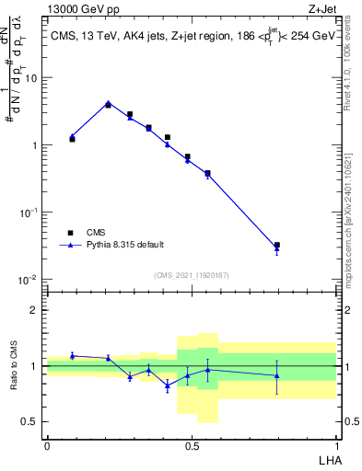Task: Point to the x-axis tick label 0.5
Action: click(x=192, y=445)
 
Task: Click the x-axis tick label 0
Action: click(x=47, y=445)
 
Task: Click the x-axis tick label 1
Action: click(x=336, y=445)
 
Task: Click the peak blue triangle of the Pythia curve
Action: click(x=108, y=103)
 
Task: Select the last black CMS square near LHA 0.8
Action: click(x=277, y=246)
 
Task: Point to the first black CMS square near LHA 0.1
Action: click(x=72, y=139)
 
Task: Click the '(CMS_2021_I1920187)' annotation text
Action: click(x=191, y=275)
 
